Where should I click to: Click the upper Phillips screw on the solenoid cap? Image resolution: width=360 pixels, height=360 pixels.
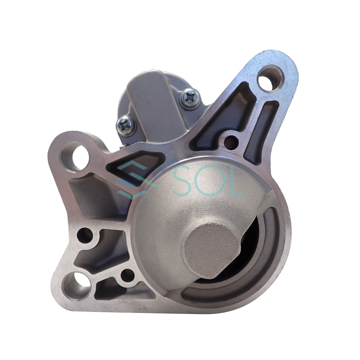tap(190, 98)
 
